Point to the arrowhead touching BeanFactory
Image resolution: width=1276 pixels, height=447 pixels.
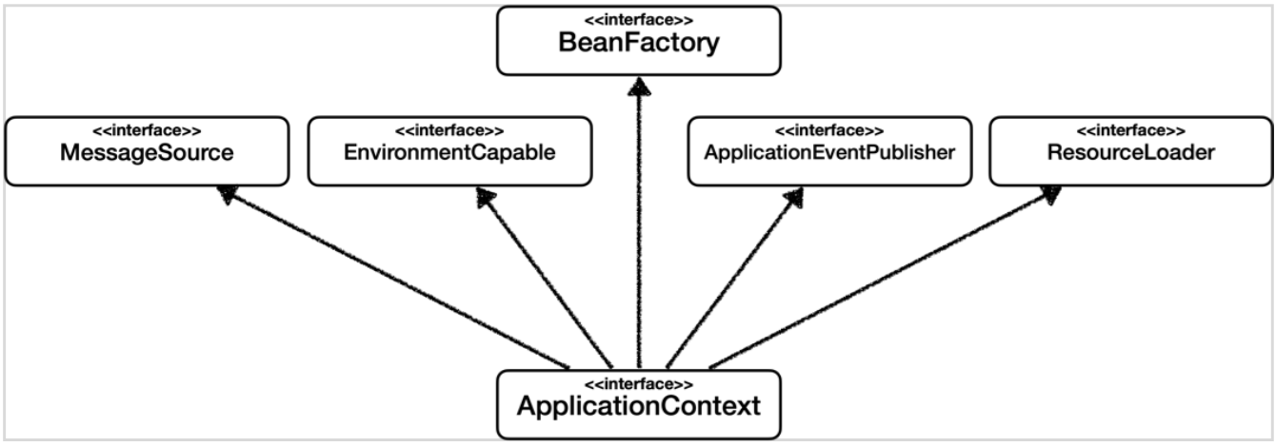[x=638, y=86]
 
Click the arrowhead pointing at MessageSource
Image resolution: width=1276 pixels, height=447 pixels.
[x=227, y=193]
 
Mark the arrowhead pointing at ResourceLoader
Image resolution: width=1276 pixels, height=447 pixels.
[x=1049, y=193]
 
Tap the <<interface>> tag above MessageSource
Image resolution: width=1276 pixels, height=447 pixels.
[x=146, y=131]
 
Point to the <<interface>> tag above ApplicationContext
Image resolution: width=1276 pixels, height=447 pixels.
[x=638, y=383]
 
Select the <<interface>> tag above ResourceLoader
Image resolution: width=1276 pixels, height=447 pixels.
[x=1130, y=131]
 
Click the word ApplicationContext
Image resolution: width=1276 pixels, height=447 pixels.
[x=638, y=407]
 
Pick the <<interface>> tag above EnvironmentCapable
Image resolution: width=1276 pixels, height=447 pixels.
[x=449, y=131]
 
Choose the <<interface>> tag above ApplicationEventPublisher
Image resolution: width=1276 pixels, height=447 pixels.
[x=828, y=131]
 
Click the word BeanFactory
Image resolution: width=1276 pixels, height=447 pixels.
[x=638, y=44]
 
